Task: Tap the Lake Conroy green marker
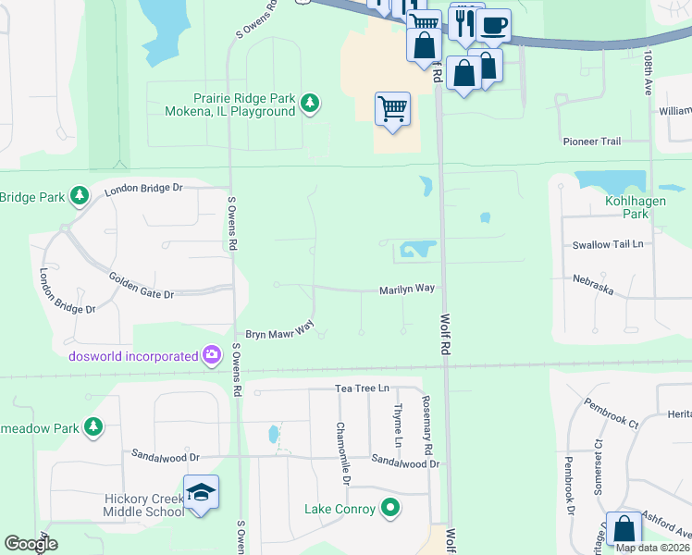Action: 390,508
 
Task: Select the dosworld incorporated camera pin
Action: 212,355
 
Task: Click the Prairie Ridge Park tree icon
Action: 312,104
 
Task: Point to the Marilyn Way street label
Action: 407,290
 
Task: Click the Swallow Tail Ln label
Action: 613,244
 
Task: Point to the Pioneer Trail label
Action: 592,142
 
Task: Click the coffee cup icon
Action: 493,24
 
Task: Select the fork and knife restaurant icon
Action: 464,22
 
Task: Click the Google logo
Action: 31,544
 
